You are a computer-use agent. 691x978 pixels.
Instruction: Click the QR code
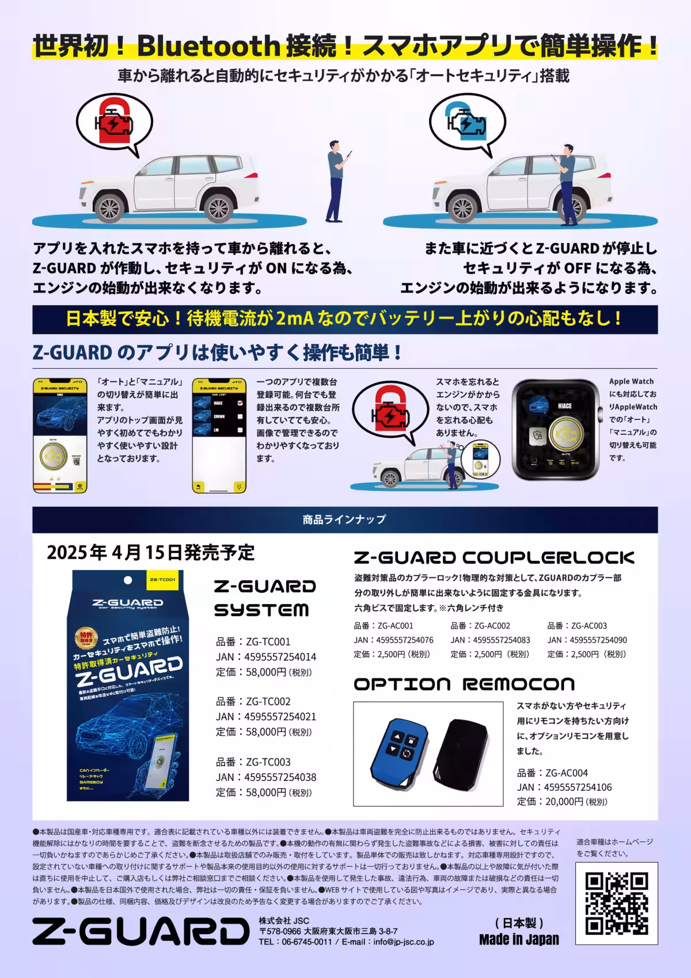617,904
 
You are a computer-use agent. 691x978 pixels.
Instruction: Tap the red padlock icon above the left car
114,122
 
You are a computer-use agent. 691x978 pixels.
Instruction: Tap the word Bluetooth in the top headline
208,46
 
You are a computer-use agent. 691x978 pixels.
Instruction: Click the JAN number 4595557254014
280,657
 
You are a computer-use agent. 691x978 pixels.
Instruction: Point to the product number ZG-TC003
268,762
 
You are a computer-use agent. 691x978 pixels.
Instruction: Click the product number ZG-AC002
492,626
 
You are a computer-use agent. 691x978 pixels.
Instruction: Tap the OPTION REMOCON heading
464,684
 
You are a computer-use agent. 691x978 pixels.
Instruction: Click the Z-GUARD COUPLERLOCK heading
493,558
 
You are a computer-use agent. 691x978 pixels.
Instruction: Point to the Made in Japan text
519,939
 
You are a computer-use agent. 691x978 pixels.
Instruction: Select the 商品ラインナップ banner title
344,520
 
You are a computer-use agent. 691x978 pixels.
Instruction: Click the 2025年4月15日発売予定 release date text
150,552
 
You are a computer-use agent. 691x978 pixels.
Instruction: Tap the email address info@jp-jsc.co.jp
403,942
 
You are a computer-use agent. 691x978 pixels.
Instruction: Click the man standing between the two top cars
337,181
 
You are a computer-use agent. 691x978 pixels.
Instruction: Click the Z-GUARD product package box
128,685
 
